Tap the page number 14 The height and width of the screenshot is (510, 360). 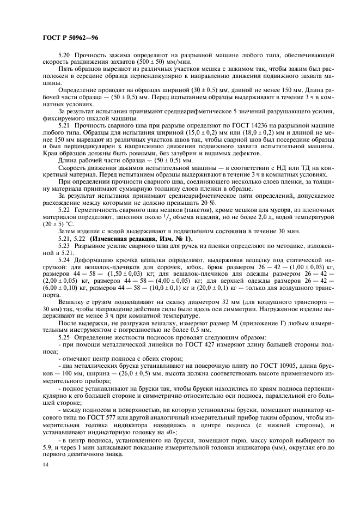click(x=44, y=464)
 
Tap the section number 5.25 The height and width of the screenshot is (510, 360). click(x=64, y=335)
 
